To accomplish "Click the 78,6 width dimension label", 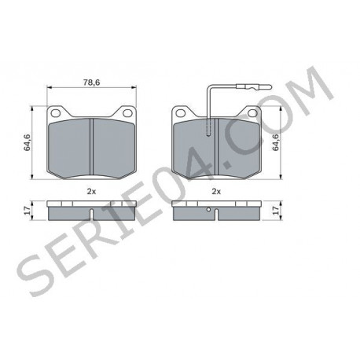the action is coord(92,83).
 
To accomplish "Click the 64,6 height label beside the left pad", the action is coord(27,142).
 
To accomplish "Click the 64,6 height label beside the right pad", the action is coord(276,142).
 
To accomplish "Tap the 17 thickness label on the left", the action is coord(28,211).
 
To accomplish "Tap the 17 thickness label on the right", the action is coord(276,211).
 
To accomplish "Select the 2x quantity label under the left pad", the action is coord(91,192).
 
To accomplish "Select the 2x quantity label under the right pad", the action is coord(216,192).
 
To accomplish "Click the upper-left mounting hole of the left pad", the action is coord(56,113).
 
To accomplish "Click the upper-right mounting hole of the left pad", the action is coord(127,113).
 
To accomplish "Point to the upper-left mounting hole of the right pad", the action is coord(181,113).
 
